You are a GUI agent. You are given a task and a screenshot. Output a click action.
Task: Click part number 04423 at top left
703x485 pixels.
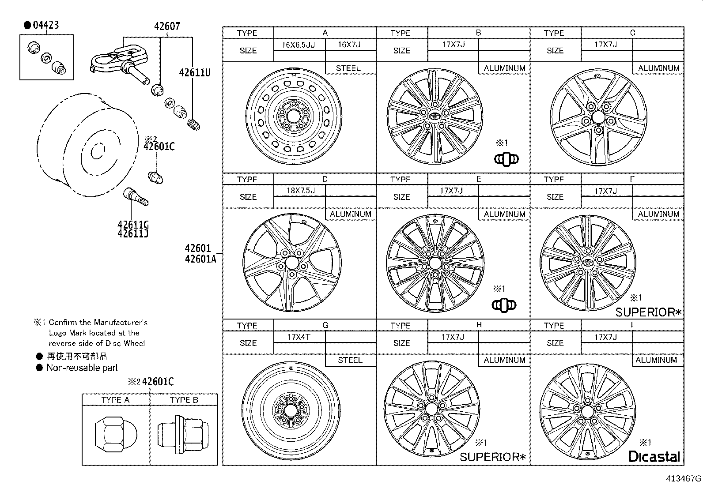pyautogui.click(x=45, y=25)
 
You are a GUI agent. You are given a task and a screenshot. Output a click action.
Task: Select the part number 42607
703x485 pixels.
pyautogui.click(x=167, y=26)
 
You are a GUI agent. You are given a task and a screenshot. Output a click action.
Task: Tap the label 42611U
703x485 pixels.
pyautogui.click(x=195, y=72)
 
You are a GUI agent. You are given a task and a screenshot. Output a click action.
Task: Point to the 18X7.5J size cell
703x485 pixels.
pyautogui.click(x=300, y=191)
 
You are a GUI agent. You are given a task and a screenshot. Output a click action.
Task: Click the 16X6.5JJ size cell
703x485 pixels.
pyautogui.click(x=299, y=45)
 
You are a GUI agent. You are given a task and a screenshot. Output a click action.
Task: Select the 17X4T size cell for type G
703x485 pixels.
pyautogui.click(x=299, y=337)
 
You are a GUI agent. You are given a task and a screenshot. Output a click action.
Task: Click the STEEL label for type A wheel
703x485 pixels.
pyautogui.click(x=348, y=68)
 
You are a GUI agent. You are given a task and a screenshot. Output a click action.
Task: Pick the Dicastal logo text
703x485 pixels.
pyautogui.click(x=654, y=456)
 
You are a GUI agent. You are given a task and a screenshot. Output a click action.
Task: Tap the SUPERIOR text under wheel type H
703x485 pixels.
pyautogui.click(x=493, y=457)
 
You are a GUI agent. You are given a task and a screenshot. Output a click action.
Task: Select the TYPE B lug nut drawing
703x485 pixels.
pyautogui.click(x=183, y=434)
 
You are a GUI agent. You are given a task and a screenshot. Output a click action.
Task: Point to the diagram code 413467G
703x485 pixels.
pyautogui.click(x=684, y=478)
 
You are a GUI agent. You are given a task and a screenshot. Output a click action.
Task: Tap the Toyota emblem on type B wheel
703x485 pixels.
pyautogui.click(x=435, y=116)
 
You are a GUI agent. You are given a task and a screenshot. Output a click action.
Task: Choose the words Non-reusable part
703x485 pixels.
pyautogui.click(x=82, y=368)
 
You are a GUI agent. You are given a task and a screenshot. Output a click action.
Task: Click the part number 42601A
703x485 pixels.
pyautogui.click(x=200, y=259)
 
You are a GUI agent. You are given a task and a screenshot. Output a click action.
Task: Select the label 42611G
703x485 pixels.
pyautogui.click(x=132, y=224)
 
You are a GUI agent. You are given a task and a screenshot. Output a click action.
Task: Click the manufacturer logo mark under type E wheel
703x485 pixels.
pyautogui.click(x=504, y=305)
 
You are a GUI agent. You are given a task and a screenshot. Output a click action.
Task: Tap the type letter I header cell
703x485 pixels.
pyautogui.click(x=632, y=325)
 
